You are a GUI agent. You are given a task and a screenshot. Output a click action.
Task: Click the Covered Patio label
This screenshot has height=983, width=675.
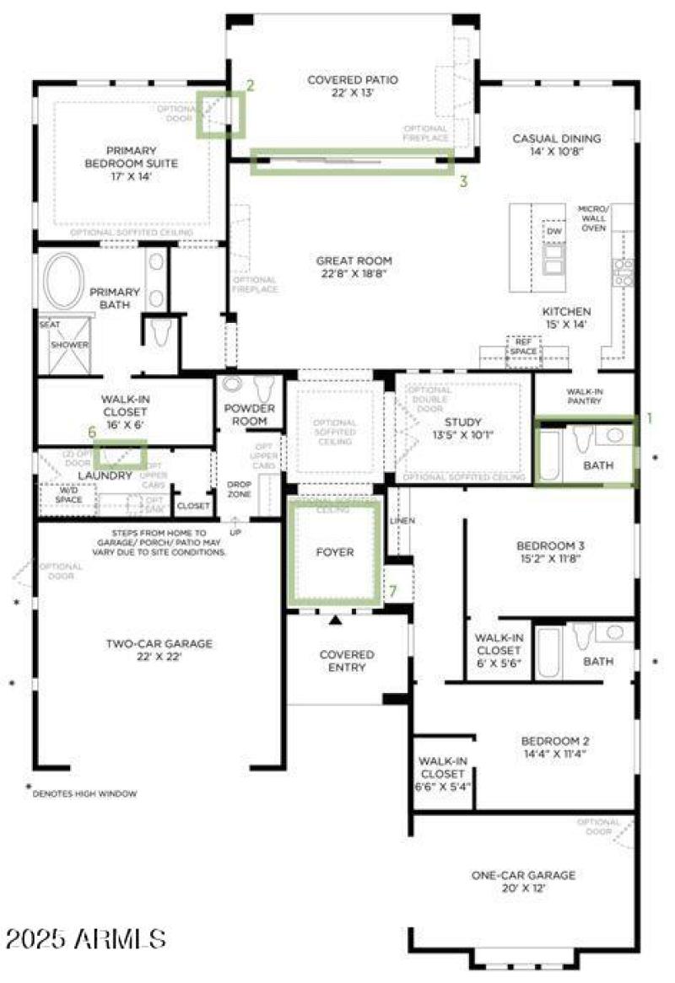point(352,80)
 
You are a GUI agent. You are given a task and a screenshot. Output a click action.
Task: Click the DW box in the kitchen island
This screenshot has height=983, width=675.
point(553,231)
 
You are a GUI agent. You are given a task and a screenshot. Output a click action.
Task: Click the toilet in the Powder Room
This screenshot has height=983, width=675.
point(265,389)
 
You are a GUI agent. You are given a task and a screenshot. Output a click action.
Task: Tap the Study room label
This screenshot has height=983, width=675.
point(462,422)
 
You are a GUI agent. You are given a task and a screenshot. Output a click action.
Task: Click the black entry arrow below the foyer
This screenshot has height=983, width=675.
point(336,621)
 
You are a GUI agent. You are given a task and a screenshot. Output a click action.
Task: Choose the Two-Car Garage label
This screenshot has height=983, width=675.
point(159,644)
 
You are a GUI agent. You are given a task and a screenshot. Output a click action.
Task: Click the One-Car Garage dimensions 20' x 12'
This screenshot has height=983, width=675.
point(523,889)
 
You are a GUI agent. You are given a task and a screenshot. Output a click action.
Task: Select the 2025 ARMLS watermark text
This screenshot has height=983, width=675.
point(85,937)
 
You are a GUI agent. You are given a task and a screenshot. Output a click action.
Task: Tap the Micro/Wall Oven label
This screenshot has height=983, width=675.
point(593,218)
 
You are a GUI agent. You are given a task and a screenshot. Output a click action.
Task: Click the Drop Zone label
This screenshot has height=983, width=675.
point(239,490)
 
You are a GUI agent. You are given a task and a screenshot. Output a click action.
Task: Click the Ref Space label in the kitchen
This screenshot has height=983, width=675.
point(522,346)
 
